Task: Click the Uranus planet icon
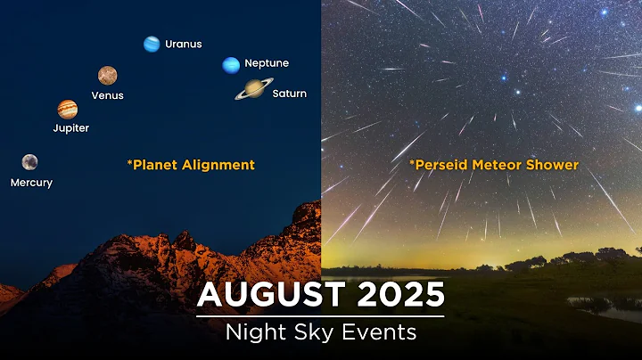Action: [152, 44]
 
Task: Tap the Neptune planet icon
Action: [231, 64]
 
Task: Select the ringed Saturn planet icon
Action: [253, 88]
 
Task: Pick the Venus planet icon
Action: [107, 75]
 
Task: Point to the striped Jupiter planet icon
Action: [68, 109]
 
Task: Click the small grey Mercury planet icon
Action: [30, 161]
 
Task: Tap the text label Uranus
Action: [184, 44]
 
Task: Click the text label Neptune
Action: [267, 64]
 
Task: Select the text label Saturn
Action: [290, 94]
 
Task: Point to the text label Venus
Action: [107, 95]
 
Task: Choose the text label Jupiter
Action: [71, 128]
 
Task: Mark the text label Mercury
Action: [31, 183]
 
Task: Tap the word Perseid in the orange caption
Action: [439, 165]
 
